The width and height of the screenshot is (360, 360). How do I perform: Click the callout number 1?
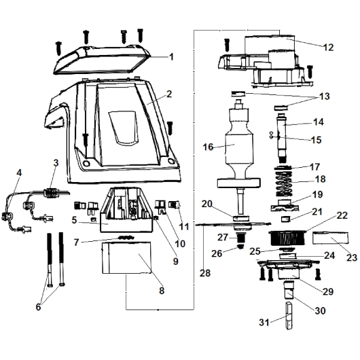pos(171,56)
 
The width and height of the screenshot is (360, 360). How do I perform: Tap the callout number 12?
pos(328,48)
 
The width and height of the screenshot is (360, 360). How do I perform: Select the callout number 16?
pos(208,147)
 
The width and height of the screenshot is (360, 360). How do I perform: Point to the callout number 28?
pos(205,273)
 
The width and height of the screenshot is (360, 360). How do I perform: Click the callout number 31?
pos(264,323)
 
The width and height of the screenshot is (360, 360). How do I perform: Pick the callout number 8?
pos(162,291)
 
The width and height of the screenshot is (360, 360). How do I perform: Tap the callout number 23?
pos(352,257)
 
